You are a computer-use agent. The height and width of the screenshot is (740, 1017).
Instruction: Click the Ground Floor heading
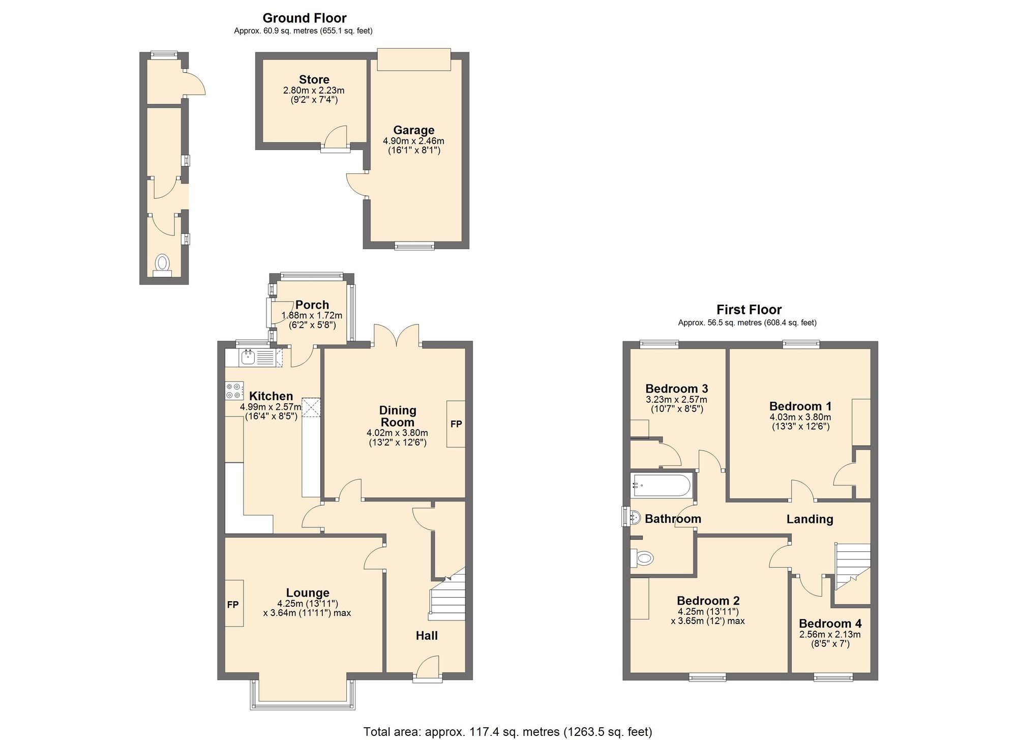click(x=304, y=18)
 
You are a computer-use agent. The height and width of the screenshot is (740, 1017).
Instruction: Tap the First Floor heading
click(x=749, y=310)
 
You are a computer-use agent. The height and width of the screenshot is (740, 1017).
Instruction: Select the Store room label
click(x=314, y=80)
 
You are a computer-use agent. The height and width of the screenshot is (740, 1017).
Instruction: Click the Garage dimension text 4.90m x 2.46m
click(x=413, y=141)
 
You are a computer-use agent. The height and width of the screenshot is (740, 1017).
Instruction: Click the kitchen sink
click(x=248, y=358)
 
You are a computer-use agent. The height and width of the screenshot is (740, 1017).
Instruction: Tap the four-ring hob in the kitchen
click(x=234, y=391)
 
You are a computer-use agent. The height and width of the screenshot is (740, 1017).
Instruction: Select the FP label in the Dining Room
click(x=456, y=424)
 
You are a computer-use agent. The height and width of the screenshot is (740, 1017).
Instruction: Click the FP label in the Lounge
click(x=233, y=605)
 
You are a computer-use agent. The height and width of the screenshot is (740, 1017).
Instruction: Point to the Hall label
click(x=427, y=636)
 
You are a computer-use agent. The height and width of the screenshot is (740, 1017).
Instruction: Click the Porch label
click(x=312, y=305)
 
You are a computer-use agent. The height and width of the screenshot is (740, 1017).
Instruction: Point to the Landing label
click(x=810, y=519)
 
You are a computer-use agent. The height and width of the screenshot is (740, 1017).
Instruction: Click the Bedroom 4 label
click(x=830, y=624)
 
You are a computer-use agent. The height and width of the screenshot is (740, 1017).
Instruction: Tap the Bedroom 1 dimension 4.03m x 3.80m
click(x=800, y=417)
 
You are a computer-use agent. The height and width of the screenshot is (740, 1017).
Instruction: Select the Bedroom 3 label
click(x=676, y=389)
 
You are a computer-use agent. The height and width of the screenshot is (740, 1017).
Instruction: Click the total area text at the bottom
click(x=507, y=732)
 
